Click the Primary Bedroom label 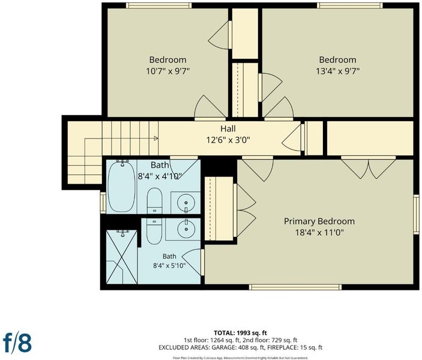click(319, 221)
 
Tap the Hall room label click(228, 128)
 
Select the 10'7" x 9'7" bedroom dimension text click(168, 71)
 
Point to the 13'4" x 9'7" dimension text click(338, 71)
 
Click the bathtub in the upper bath click(121, 185)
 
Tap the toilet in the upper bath click(154, 200)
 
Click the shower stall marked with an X click(122, 257)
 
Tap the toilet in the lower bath click(154, 231)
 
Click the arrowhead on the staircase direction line click(156, 138)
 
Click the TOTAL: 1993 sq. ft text click(240, 333)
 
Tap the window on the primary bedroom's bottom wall click(295, 287)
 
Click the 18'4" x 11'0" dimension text click(319, 232)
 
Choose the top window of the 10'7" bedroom click(159, 5)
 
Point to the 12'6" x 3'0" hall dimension click(228, 140)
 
